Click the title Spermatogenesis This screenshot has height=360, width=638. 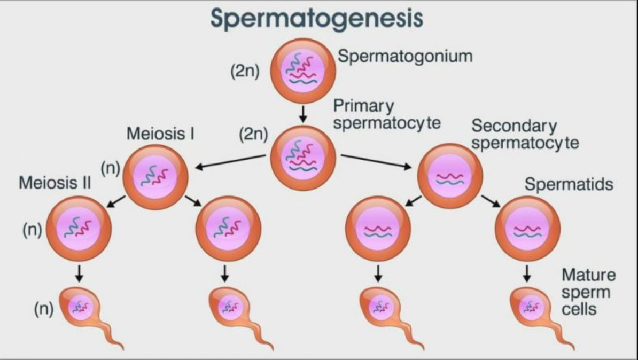coord(317,18)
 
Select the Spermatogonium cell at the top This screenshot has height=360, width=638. coord(303,70)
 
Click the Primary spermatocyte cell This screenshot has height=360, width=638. coord(303,158)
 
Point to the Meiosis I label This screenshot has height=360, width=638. coord(160,134)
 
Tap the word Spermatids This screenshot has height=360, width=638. coord(569,185)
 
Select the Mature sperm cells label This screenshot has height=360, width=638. coord(588,292)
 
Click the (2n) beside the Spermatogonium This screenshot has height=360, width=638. coord(245,72)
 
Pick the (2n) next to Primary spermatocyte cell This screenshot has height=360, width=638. coord(253,135)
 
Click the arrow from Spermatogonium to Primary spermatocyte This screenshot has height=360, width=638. coord(303,113)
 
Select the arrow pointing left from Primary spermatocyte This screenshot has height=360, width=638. coord(229,162)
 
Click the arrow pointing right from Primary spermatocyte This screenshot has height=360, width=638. coord(378,162)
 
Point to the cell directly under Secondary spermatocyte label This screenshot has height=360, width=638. coord(449,176)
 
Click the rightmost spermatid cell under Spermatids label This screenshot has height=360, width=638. coord(527,228)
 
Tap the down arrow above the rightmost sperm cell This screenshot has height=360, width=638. coord(527,273)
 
